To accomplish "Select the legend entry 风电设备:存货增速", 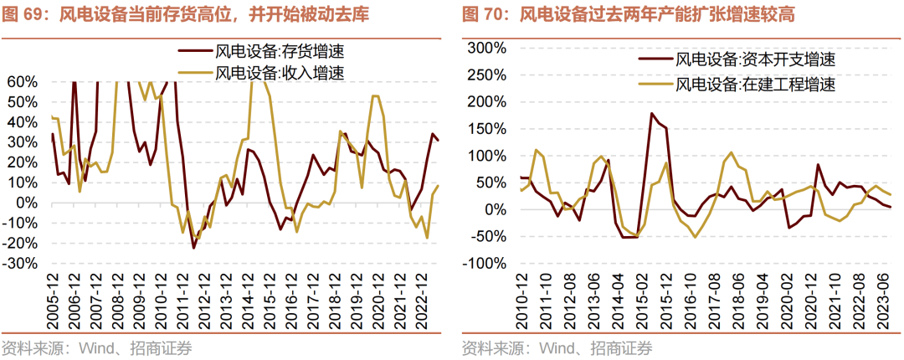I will coord(280,51).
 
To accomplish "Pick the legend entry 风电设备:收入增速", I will coord(280,73).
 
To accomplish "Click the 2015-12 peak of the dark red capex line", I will coord(651,114).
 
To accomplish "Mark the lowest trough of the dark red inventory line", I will coord(193,248).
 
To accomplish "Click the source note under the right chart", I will coord(557,348).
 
